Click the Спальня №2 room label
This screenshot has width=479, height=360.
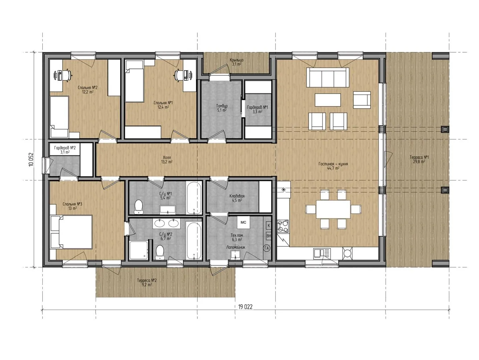coord(88,87)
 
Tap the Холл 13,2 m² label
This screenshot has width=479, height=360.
coord(167,159)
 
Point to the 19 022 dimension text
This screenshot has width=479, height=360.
coord(245,307)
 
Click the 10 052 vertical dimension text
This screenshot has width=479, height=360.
coord(31,159)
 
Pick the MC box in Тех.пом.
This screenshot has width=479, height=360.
coord(243,222)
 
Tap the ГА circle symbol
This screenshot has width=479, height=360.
coord(267,248)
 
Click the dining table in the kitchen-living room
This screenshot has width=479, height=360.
coord(333,209)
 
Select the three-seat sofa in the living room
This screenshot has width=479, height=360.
coord(328,77)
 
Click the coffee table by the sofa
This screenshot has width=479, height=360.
coord(328,100)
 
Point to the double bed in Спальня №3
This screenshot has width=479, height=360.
coord(71,232)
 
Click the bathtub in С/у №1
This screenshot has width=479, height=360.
coord(194,198)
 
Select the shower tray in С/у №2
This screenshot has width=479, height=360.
coord(138,250)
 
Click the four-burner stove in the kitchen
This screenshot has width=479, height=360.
coord(283,226)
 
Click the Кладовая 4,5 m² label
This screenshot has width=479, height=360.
coord(237,198)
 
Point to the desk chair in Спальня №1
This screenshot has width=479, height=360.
coord(180,75)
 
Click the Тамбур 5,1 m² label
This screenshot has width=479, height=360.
coord(222,108)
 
